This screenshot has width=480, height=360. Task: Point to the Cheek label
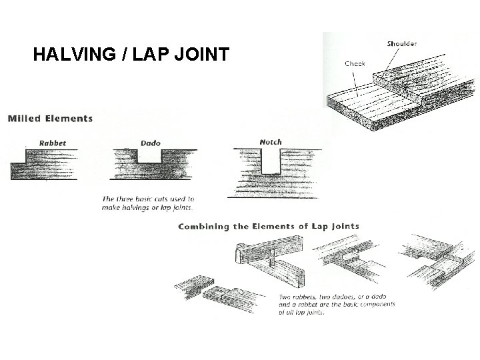[355, 65]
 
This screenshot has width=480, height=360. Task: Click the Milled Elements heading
[51, 119]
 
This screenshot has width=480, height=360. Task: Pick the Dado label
[151, 142]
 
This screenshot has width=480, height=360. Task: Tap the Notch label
[270, 141]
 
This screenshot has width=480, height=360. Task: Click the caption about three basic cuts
[148, 203]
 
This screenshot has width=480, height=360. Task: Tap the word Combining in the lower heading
[205, 227]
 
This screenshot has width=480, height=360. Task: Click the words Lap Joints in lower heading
[334, 226]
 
